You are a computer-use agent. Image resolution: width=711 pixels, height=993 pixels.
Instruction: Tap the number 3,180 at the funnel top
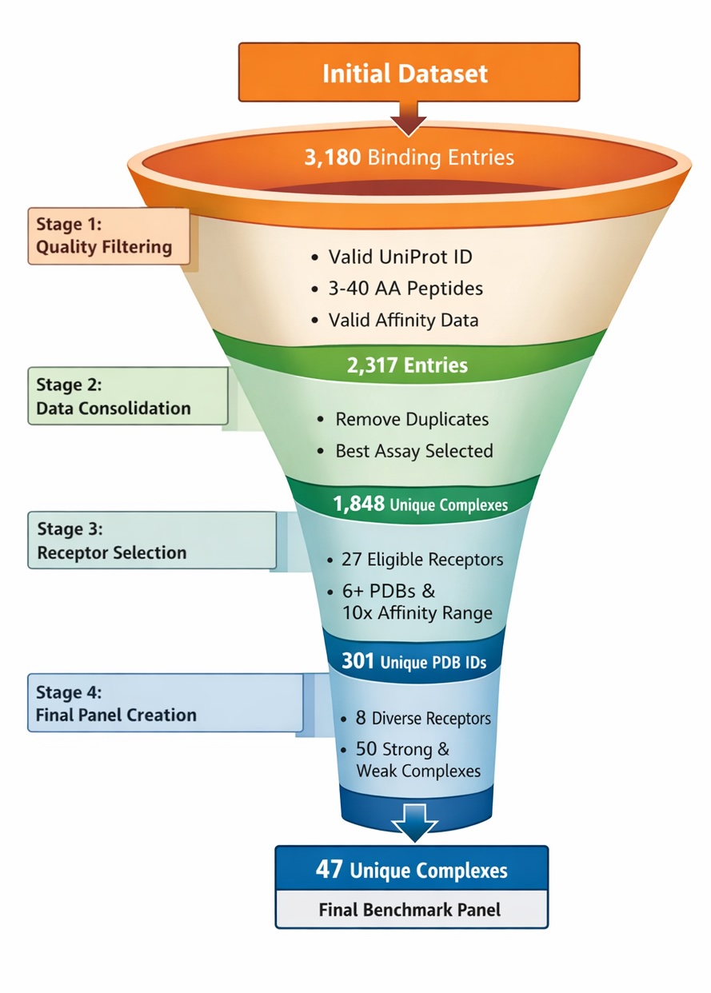click(x=332, y=157)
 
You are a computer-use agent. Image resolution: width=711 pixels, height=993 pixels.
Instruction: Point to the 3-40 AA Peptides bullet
click(x=405, y=288)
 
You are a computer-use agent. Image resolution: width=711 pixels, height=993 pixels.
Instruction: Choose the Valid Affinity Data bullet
click(x=403, y=320)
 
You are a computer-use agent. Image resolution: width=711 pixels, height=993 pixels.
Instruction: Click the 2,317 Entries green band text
click(x=407, y=365)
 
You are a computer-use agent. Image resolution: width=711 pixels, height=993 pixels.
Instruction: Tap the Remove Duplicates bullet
click(x=411, y=419)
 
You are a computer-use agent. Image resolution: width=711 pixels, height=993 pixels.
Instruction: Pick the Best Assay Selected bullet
click(x=413, y=451)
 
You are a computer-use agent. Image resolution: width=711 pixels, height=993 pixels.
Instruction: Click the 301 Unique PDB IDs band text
click(x=411, y=662)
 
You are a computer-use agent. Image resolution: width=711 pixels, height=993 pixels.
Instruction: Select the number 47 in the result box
click(x=329, y=870)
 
